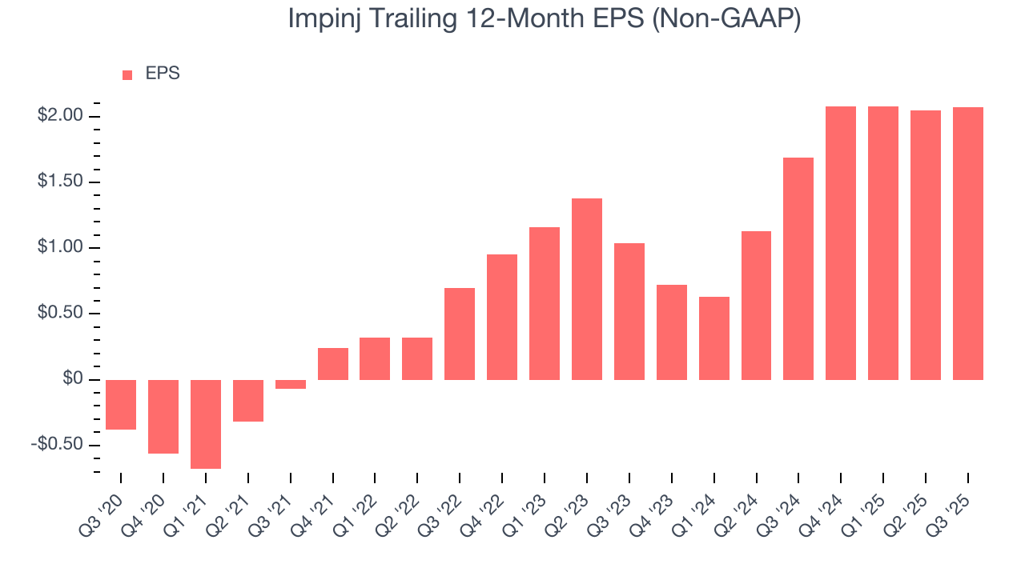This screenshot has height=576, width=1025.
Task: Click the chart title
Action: point(545,20)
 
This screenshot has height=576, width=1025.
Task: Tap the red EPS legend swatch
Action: point(127,74)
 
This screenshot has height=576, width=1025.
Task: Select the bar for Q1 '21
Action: point(206,423)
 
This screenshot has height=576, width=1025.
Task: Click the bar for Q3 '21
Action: point(291,384)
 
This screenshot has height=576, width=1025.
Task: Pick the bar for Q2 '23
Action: point(587,289)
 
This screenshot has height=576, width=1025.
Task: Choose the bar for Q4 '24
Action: point(841,242)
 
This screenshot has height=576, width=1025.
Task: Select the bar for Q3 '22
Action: point(460,334)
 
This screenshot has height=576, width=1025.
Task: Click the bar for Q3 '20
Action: point(121,404)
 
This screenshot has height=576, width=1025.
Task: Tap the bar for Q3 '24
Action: point(798,268)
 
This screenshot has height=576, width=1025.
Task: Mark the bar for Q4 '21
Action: point(333,363)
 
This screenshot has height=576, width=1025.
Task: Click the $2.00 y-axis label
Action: point(60,116)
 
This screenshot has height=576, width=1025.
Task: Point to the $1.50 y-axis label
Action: point(60,182)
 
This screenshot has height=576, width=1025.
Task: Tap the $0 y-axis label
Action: point(73,378)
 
